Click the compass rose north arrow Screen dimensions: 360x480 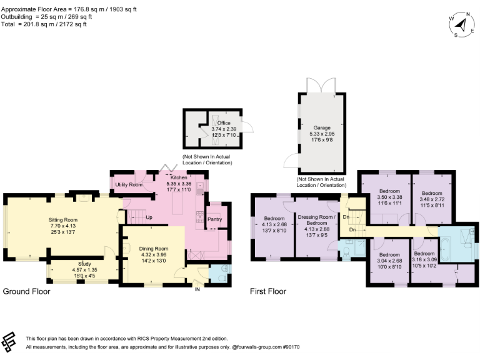461,25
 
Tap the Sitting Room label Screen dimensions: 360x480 63,219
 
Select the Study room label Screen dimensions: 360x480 84,264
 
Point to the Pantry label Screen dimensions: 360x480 214,219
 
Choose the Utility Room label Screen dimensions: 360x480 128,185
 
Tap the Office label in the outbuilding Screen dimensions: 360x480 223,123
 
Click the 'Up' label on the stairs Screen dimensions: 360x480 149,218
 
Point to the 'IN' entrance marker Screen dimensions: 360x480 198,289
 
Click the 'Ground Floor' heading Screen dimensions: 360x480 26,291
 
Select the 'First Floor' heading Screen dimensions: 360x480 268,291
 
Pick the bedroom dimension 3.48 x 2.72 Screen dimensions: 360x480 431,198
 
